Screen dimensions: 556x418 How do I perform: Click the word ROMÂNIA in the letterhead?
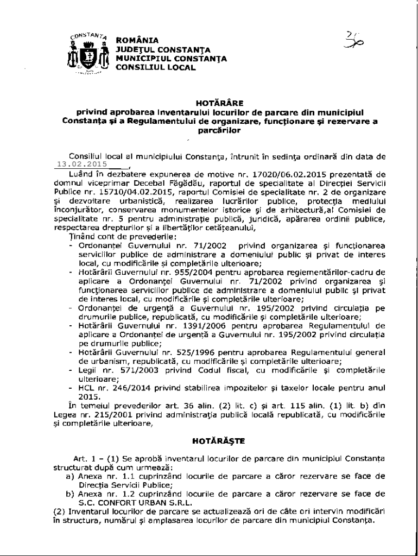click(x=137, y=40)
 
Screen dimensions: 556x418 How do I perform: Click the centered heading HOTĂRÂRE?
click(x=209, y=102)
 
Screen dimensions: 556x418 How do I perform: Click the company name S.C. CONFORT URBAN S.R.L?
click(x=128, y=502)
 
